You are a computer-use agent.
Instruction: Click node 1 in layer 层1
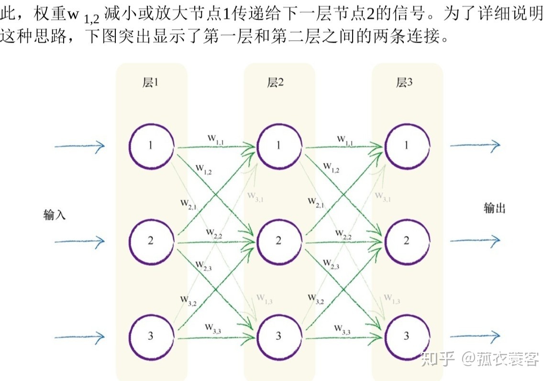pos(151,145)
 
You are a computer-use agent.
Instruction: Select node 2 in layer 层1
pos(151,240)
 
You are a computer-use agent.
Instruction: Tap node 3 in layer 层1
pos(151,335)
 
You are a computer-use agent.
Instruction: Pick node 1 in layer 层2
pos(279,145)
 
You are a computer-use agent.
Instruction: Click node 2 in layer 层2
pos(279,240)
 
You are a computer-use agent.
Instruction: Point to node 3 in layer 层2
pos(279,335)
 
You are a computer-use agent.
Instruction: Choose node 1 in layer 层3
pos(407,145)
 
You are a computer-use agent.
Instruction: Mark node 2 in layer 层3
pos(407,240)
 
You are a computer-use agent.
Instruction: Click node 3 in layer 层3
pos(407,335)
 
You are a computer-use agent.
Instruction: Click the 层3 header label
pos(404,82)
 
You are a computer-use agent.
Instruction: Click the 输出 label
pos(495,208)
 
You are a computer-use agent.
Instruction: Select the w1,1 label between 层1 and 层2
pos(216,139)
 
